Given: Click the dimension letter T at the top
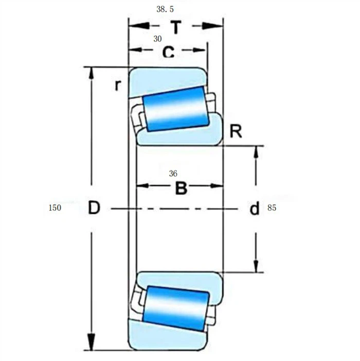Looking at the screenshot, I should [x=175, y=27].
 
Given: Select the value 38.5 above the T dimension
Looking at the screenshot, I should [x=165, y=9].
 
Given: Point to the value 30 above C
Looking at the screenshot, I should [x=157, y=39].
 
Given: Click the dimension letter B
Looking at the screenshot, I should [x=181, y=188].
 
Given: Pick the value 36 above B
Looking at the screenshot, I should [x=173, y=174].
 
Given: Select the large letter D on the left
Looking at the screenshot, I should [x=94, y=208].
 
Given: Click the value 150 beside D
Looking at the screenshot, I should [x=55, y=208].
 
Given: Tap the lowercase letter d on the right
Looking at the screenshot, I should [x=254, y=209].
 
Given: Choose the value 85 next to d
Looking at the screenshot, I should [x=272, y=209].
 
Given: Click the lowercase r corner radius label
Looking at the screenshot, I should [x=118, y=85].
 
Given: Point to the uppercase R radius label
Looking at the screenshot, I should [x=236, y=131].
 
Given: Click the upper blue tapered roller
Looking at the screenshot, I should [x=176, y=109].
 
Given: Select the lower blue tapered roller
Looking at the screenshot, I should [x=176, y=308].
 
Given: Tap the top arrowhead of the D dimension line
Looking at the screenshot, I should [x=91, y=73].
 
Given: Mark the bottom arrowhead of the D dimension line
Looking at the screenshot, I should [x=91, y=343].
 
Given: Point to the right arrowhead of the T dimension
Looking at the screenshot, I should [x=217, y=26].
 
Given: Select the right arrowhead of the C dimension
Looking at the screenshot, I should [x=202, y=50].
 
